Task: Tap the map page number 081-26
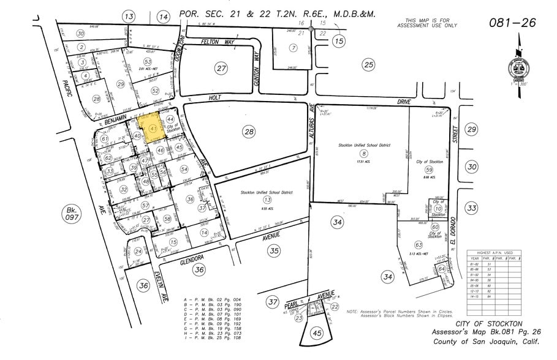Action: (x=513, y=23)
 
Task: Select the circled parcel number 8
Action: (x=363, y=154)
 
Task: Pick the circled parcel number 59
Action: (x=429, y=170)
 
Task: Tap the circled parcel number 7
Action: (x=294, y=48)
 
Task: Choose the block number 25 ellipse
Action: (x=368, y=64)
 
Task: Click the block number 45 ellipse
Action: (x=317, y=333)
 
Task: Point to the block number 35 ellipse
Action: (x=274, y=250)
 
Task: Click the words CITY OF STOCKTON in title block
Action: (x=488, y=323)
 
